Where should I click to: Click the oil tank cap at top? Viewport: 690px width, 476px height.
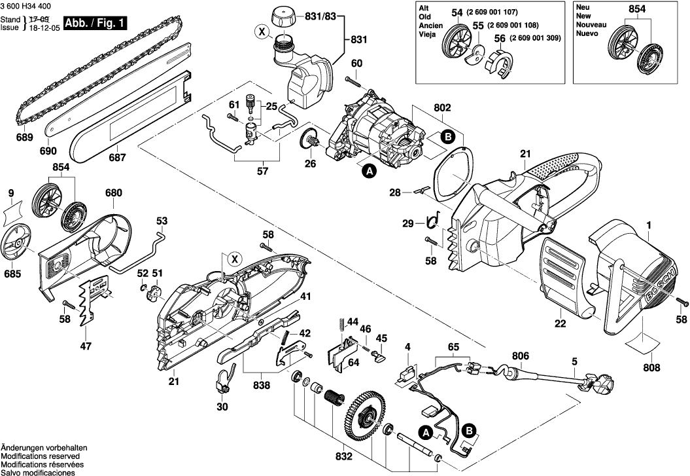pos(284,14)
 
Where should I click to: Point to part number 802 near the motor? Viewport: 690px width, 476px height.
pos(442,107)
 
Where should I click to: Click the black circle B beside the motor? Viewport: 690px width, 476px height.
pos(448,137)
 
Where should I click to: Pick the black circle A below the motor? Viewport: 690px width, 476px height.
pos(369,172)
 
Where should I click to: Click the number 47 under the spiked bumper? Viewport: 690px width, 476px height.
pos(86,346)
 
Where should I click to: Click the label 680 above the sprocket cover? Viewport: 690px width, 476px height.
pos(113,193)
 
